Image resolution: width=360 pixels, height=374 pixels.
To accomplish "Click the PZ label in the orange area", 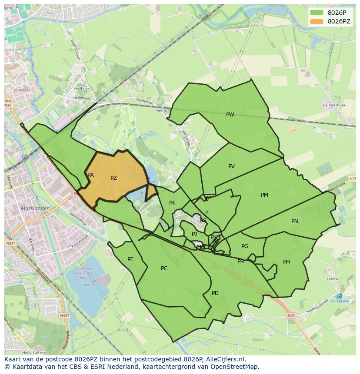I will coord(113,178).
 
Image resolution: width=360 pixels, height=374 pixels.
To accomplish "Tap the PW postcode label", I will coord(230,115).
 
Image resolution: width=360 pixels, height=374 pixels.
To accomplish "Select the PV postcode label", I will coord(231,166).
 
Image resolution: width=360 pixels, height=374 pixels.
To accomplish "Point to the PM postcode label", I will coord(264,195).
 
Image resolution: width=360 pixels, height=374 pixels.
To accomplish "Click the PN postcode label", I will coord(295,222).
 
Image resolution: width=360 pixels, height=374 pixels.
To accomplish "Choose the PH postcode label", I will coord(287,262).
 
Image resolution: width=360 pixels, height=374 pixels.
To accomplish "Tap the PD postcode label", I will coord(215,293).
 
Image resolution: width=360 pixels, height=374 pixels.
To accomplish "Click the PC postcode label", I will coord(164,268).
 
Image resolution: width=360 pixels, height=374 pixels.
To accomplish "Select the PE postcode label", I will coord(130,259).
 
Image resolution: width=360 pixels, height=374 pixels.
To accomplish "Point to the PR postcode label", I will coord(171,203).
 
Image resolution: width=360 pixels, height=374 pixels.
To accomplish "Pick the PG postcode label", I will coord(245,246).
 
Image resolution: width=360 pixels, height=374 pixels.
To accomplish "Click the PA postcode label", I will coord(90,175).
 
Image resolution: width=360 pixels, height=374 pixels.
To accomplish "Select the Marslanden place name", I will coord(35,208).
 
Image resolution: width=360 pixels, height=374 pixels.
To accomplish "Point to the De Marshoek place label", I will coord(334,105).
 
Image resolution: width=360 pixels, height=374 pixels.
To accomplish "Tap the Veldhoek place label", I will coord(81,88).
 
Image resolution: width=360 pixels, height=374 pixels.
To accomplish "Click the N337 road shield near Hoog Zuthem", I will coord(64,315).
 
